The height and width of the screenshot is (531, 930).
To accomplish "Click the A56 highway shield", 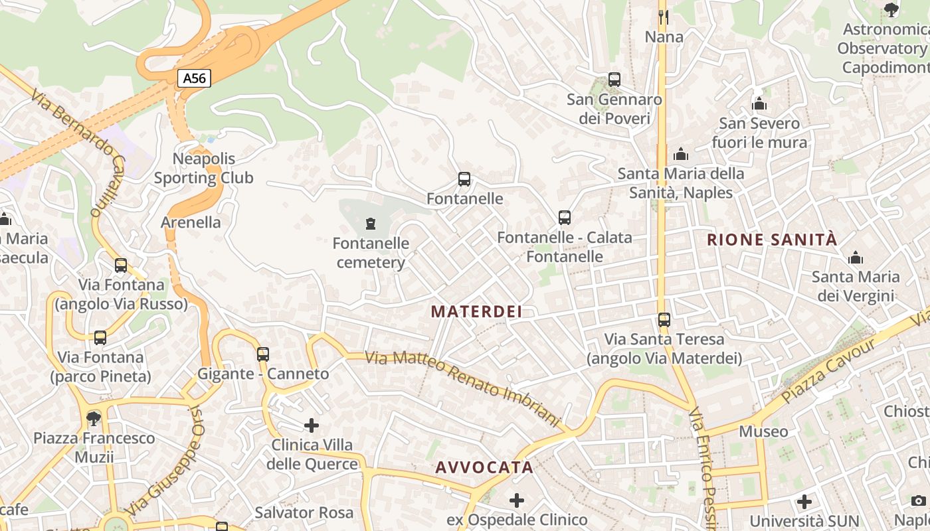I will (x=194, y=78).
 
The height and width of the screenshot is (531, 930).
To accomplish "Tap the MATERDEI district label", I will (x=476, y=311).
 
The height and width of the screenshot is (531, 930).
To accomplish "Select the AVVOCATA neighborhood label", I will (x=484, y=467).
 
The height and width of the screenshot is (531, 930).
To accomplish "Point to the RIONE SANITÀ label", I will (x=772, y=240).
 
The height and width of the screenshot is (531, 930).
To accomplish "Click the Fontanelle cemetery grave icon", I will (x=371, y=224).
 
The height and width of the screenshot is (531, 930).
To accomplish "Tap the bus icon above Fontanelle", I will (x=464, y=179).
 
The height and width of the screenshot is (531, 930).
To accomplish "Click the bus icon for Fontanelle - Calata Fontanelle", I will (x=565, y=218).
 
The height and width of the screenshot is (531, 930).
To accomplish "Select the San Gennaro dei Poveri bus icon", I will (x=614, y=80).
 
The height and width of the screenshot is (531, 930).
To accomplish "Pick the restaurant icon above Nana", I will (x=664, y=16).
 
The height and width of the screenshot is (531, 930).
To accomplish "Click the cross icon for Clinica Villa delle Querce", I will (x=312, y=425).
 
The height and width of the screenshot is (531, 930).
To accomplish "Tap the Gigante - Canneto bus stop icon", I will (x=263, y=354).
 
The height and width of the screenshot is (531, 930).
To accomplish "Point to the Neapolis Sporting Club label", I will (x=204, y=168).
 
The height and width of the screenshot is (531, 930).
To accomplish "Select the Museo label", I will (x=763, y=431).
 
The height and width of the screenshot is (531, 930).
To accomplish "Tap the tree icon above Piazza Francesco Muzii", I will (x=94, y=419).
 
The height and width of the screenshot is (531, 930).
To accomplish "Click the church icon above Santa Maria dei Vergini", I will (x=856, y=258).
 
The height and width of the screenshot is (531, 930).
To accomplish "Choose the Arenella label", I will (x=191, y=222).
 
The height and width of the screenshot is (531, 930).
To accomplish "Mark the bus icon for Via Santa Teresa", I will (x=664, y=320).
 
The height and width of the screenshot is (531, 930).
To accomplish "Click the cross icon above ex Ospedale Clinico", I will (x=517, y=500).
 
